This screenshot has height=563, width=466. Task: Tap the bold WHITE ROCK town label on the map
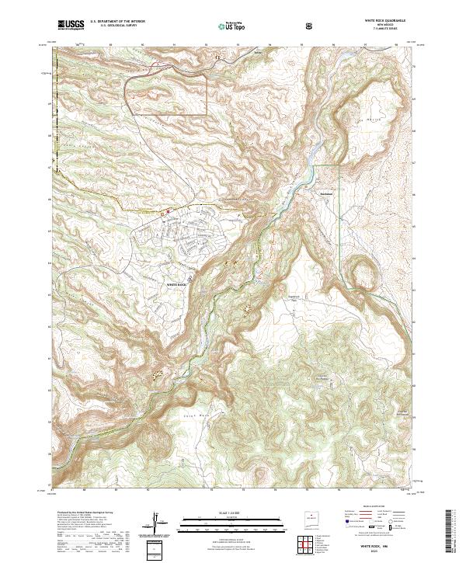177,286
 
